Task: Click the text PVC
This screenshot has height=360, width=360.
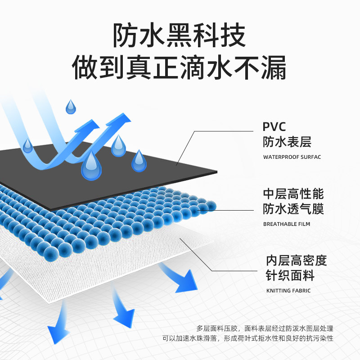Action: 274,126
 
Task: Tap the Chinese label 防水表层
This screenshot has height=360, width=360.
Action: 287,142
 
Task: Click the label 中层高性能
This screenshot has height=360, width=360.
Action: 293,194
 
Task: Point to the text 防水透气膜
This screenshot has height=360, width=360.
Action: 293,209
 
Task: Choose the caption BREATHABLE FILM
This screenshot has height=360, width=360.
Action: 286,224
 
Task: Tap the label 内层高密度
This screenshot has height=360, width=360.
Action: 296,261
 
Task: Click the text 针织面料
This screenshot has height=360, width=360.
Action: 290,275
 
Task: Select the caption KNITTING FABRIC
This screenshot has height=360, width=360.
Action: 288,290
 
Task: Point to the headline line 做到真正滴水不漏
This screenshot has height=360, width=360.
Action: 180,67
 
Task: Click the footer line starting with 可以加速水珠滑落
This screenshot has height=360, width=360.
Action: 250,338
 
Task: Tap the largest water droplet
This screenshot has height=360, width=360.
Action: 91,166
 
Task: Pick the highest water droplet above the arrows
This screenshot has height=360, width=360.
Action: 71,107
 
